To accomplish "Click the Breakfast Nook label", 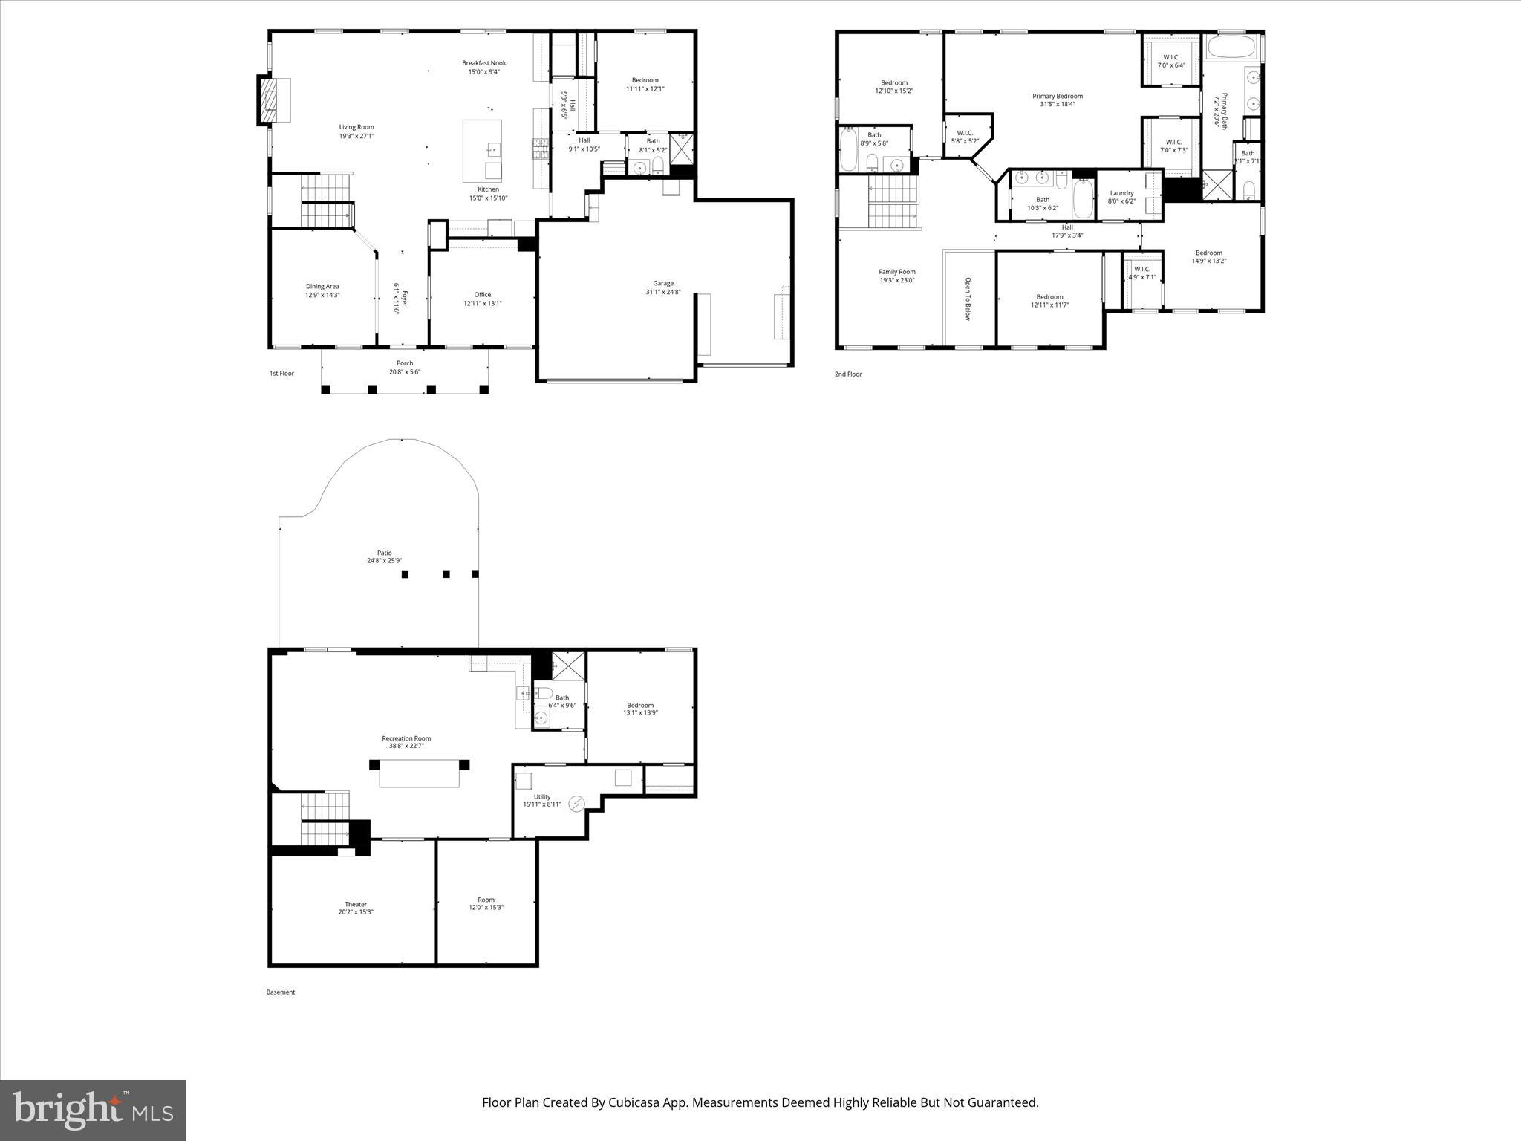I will [x=483, y=63].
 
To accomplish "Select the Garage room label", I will [x=662, y=283].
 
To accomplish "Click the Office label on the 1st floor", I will [x=482, y=294].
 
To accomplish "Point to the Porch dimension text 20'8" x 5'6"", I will [x=405, y=371].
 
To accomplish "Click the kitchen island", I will [x=482, y=151].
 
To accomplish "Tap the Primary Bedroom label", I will [x=1057, y=96].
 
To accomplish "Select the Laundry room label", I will [x=1121, y=193].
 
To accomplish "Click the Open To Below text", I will [x=968, y=299].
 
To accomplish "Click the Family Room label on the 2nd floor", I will [x=896, y=272].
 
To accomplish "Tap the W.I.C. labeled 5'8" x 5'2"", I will [x=965, y=137].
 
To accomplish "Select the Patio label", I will [x=384, y=553].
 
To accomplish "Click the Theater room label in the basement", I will [x=355, y=904].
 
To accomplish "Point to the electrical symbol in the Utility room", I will [x=576, y=804].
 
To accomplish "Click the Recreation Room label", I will [x=406, y=738].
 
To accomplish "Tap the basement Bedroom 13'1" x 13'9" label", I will [x=639, y=705].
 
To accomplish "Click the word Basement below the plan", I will [x=281, y=992].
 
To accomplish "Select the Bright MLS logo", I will [x=93, y=1110].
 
